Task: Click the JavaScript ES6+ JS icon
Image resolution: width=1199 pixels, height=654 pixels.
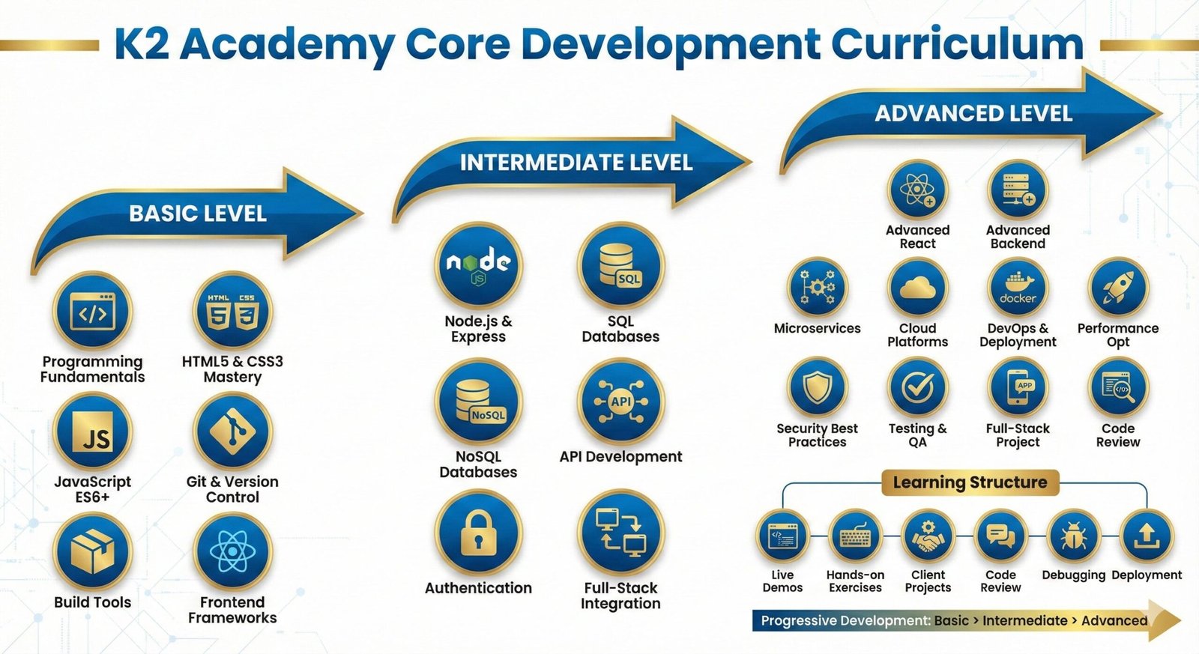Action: [x=93, y=432]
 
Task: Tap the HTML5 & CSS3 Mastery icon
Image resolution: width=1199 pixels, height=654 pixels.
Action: [x=232, y=312]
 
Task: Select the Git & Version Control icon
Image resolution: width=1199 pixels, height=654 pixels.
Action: [x=232, y=432]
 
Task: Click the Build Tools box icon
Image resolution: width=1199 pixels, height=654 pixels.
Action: [x=93, y=552]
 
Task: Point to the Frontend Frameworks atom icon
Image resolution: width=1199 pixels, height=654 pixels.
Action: [x=232, y=552]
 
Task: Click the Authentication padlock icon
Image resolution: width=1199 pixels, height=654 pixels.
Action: [x=478, y=533]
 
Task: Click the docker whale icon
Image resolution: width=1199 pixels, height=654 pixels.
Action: [x=1018, y=288]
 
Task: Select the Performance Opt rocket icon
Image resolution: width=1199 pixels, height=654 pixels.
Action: [x=1117, y=288]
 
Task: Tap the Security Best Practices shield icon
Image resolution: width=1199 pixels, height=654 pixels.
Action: [x=817, y=387]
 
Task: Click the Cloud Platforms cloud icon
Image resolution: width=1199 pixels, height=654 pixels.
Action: [x=917, y=288]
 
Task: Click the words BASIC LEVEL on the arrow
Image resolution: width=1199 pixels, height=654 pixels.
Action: [x=198, y=214]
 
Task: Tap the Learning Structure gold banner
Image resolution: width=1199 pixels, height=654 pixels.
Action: [x=970, y=482]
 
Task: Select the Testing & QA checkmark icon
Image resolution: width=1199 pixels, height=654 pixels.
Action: [x=917, y=387]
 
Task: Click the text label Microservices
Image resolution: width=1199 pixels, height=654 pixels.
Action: [x=817, y=328]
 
